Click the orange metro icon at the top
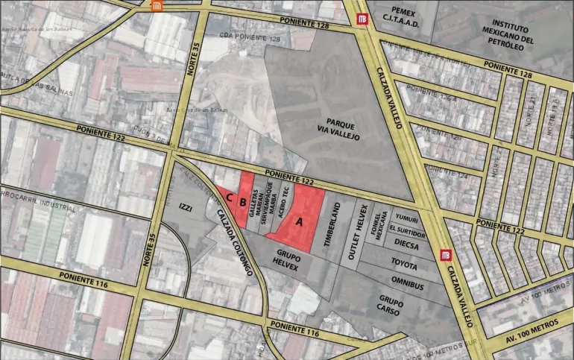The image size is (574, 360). click(157, 7)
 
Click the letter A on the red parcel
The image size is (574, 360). click(300, 221)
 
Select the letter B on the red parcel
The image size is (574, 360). click(243, 199)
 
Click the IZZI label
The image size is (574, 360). click(186, 209)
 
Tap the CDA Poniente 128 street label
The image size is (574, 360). click(235, 37)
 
